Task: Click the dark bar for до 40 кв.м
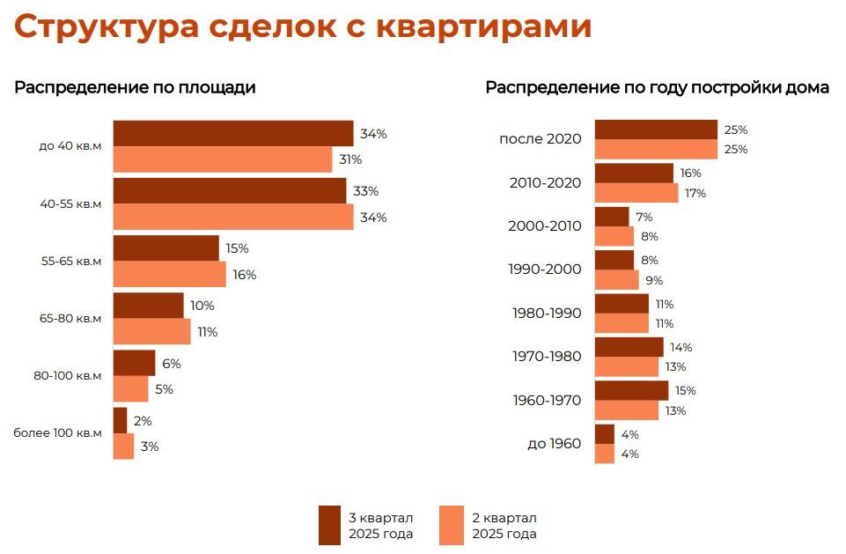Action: tap(233, 134)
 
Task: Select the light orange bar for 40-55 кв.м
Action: tap(233, 217)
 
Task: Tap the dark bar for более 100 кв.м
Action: tap(121, 420)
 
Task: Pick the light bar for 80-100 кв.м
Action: tap(131, 388)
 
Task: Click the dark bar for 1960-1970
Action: tap(631, 390)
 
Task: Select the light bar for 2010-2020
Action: tap(636, 193)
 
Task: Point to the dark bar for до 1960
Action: tap(605, 434)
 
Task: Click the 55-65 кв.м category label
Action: tap(70, 262)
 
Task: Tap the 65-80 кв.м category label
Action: tap(70, 319)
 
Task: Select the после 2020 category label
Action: tap(540, 139)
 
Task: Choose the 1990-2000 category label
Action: tap(545, 269)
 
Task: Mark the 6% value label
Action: tap(171, 363)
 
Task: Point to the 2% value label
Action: tap(143, 420)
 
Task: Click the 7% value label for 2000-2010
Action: tap(644, 217)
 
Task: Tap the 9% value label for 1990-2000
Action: tap(653, 281)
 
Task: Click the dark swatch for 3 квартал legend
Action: tap(329, 525)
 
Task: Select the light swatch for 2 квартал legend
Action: tap(452, 525)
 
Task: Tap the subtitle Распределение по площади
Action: tap(135, 88)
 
